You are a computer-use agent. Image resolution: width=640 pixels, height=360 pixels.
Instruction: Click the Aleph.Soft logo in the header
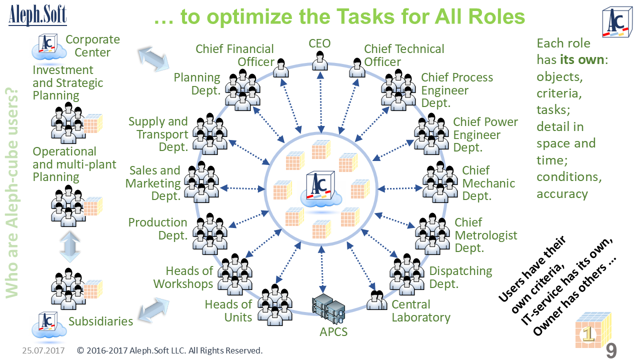[x=37, y=15]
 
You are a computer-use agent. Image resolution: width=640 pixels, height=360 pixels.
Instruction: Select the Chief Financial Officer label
[x=234, y=55]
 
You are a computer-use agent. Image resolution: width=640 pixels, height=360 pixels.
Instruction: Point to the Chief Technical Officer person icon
[x=356, y=67]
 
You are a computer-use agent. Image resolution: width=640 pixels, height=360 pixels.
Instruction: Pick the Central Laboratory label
[x=420, y=311]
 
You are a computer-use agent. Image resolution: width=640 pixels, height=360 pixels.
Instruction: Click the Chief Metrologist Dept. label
[x=485, y=235]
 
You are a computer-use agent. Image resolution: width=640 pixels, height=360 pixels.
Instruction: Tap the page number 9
[x=611, y=350]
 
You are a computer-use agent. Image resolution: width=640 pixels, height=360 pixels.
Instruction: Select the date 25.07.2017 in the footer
[x=43, y=350]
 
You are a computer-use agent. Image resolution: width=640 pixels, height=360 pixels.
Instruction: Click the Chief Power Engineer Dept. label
[x=485, y=135]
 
